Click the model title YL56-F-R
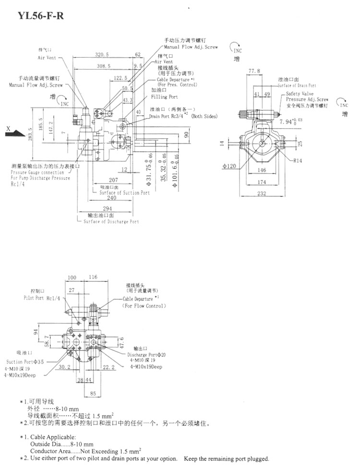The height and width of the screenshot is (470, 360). [x=40, y=15]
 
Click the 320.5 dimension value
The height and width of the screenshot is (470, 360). [x=102, y=54]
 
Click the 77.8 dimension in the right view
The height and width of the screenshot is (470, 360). [x=254, y=71]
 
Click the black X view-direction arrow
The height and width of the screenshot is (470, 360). [x=14, y=132]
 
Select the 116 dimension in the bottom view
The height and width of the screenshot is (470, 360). [x=93, y=277]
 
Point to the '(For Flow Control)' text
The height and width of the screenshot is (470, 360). [x=143, y=305]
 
